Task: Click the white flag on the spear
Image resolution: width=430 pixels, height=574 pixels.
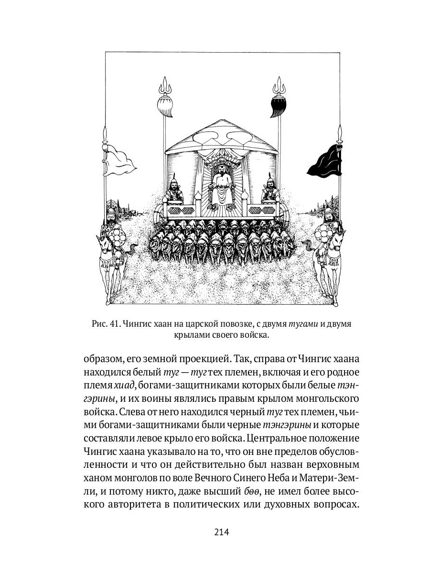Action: click(120, 160)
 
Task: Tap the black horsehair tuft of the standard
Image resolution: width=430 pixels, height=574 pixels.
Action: click(277, 106)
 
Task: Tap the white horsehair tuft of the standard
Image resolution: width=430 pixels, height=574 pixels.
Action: click(164, 106)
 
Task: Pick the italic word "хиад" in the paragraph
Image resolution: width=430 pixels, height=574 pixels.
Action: click(122, 386)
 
